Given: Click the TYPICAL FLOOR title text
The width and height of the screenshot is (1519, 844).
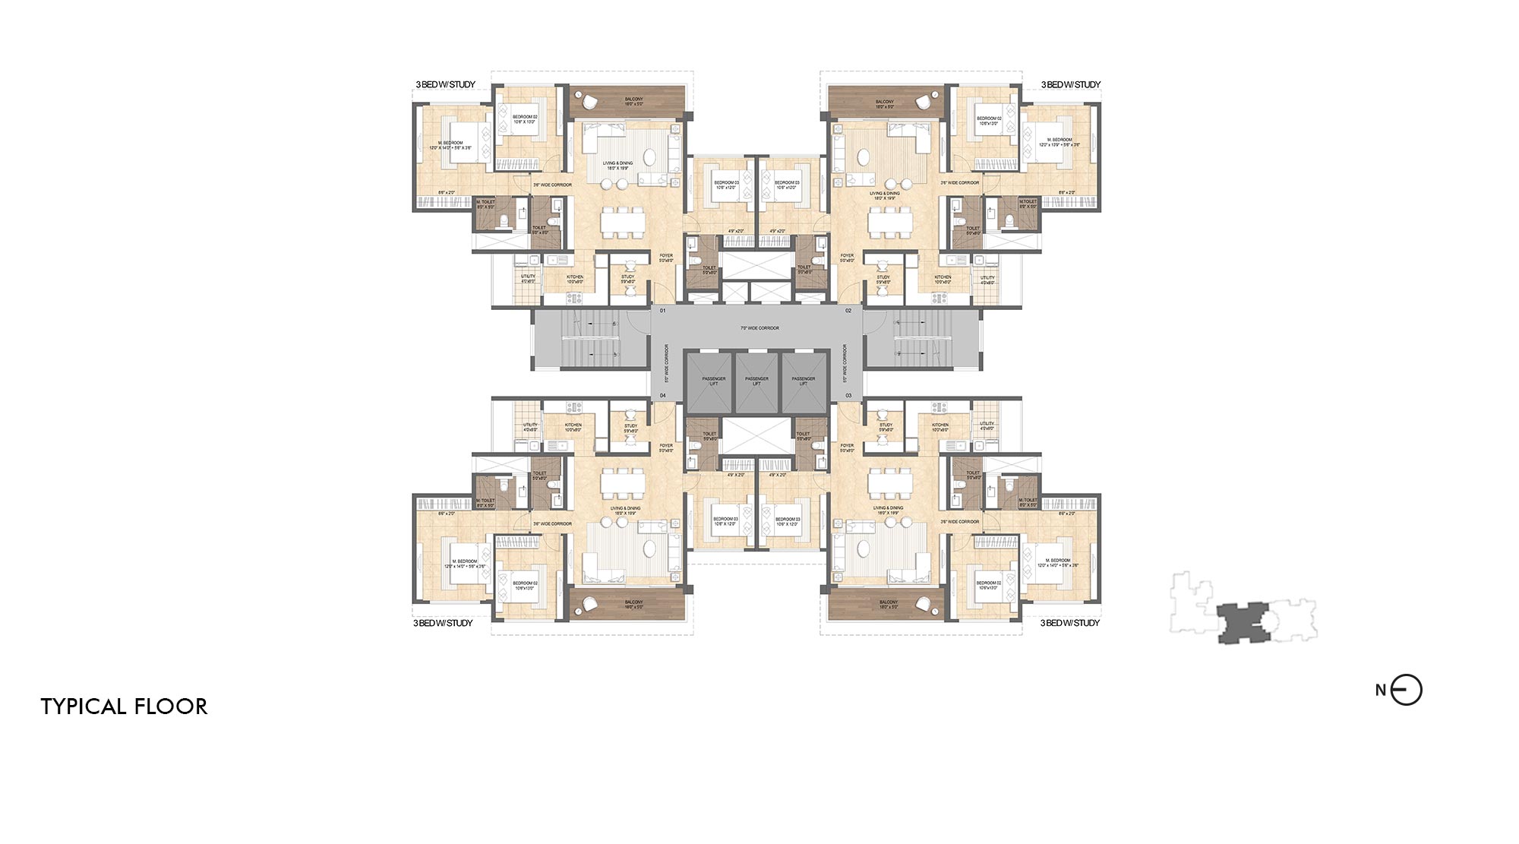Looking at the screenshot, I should pos(124,706).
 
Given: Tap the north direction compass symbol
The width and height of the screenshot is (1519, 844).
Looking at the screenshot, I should pos(1406,691).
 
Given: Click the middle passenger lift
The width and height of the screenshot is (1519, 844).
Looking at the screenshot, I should pos(756,381).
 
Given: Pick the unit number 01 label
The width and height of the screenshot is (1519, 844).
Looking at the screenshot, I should pos(662,311).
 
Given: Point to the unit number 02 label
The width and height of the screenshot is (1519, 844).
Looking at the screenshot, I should pos(848,311).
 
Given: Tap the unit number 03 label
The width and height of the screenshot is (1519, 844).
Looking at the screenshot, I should pos(848,396).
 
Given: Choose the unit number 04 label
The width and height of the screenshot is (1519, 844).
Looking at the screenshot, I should pos(662,396).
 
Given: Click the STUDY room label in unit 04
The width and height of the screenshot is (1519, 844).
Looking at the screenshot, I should pos(630,425).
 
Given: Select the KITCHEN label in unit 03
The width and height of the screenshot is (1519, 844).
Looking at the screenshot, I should pos(940,425).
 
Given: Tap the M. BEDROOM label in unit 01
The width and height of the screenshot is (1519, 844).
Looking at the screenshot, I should pos(451,144).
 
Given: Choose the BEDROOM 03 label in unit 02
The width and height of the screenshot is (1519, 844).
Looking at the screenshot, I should pos(786,183).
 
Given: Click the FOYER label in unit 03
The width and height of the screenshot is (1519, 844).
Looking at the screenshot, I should pos(847,446).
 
